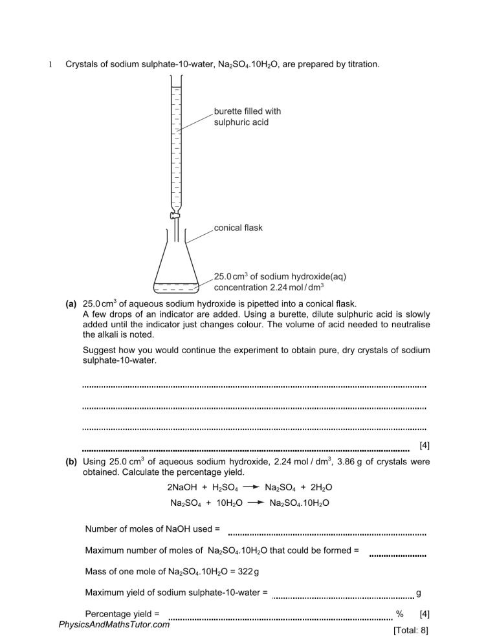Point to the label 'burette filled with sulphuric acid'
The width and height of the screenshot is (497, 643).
tap(247, 116)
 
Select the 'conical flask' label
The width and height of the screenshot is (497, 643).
tap(238, 228)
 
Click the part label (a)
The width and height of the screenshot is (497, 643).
tap(73, 303)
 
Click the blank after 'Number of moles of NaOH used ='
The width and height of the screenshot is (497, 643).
tap(327, 534)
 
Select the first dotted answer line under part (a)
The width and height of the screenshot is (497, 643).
tap(254, 387)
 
